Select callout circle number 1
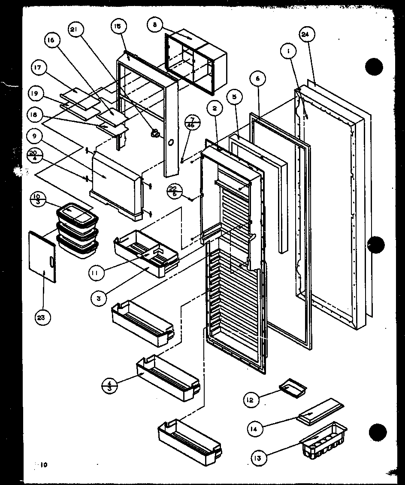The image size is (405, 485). click(289, 52)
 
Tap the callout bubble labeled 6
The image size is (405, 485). click(257, 79)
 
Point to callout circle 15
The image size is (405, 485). click(117, 27)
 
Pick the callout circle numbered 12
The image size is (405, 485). click(250, 400)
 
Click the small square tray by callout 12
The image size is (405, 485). click(293, 386)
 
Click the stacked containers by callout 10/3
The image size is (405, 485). click(76, 232)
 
